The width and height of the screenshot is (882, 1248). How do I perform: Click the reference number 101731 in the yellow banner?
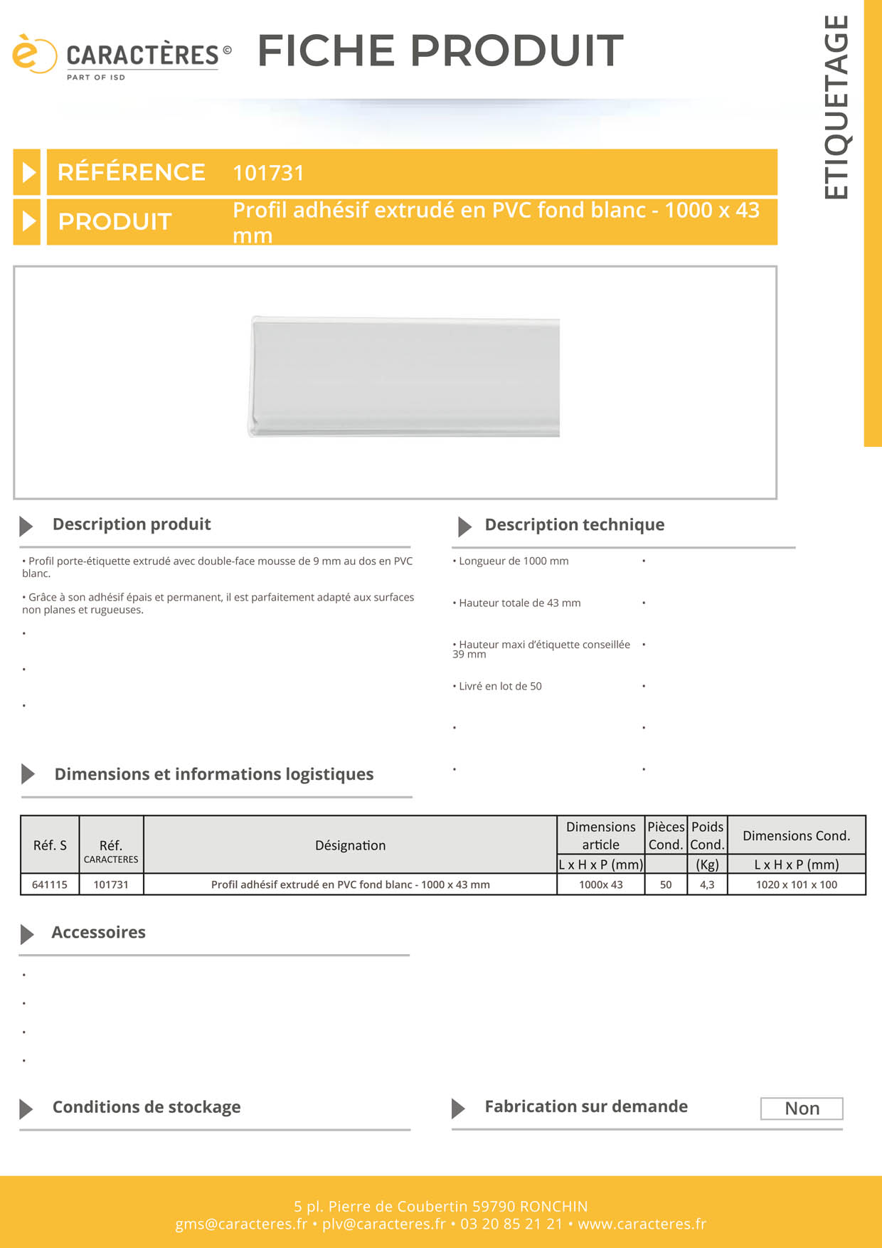(x=268, y=173)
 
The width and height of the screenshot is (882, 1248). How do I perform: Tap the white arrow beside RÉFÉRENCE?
(x=28, y=172)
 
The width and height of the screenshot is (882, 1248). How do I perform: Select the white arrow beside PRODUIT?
(x=28, y=221)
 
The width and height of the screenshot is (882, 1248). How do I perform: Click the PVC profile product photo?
(x=404, y=376)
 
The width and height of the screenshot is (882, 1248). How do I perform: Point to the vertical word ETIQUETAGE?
(x=836, y=107)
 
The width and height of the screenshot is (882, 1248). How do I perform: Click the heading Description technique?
(x=574, y=525)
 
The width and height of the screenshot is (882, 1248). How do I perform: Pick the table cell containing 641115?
(x=50, y=884)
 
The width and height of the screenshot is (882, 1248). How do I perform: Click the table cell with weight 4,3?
(x=707, y=884)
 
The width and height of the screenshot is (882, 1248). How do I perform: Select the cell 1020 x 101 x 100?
(x=796, y=884)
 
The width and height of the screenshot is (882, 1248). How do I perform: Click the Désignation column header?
(x=350, y=845)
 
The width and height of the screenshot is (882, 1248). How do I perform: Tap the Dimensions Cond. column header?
(x=796, y=836)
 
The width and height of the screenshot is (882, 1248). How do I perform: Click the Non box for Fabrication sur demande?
(x=802, y=1109)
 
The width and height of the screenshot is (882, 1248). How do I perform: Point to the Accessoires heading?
(x=98, y=933)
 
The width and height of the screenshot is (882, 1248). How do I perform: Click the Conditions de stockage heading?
(x=147, y=1107)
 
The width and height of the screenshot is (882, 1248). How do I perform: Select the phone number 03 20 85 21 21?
(x=511, y=1225)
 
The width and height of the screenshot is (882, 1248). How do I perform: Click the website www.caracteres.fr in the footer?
(x=642, y=1225)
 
